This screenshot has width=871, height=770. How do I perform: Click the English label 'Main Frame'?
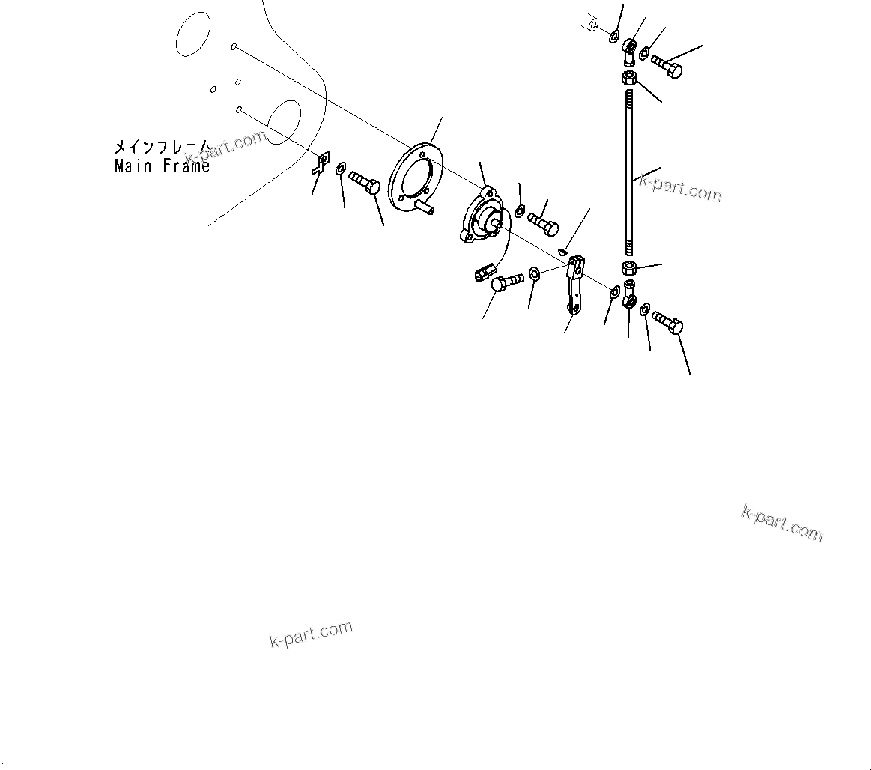162,166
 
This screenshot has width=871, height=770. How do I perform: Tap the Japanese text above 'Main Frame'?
160,147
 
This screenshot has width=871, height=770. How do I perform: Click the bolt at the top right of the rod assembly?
666,65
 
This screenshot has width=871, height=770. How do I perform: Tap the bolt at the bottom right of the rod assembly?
667,323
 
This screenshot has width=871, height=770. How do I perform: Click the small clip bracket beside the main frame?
322,164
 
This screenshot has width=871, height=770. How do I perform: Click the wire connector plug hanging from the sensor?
484,271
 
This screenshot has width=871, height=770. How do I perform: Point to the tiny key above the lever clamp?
564,251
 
